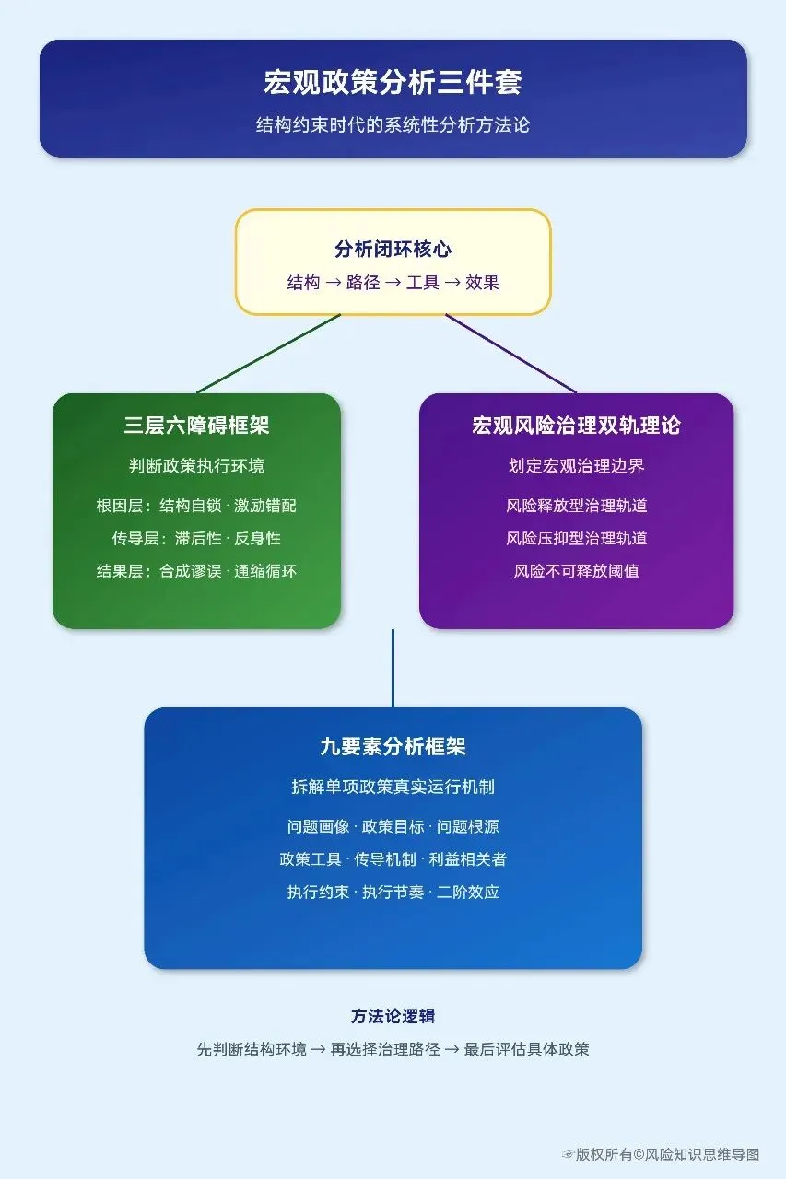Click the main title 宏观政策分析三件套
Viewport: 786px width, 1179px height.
[393, 82]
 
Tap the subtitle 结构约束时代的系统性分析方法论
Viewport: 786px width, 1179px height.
[393, 124]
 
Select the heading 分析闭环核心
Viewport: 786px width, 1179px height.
[393, 250]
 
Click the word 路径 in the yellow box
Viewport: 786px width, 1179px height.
[363, 283]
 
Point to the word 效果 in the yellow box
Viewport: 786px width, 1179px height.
[482, 283]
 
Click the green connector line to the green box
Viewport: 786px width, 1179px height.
[268, 354]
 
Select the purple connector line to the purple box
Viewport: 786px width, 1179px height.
[510, 354]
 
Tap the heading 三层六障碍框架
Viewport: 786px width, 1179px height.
[196, 426]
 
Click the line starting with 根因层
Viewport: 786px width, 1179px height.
[196, 506]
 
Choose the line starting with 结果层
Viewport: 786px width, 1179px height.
[196, 571]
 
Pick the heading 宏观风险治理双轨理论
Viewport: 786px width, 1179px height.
[576, 426]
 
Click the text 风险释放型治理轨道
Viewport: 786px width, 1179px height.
[576, 506]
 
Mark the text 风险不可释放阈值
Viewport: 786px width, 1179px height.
[576, 571]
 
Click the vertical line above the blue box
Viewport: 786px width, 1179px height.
[393, 668]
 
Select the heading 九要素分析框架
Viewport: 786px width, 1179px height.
[393, 747]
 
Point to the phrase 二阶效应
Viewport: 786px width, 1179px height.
[468, 892]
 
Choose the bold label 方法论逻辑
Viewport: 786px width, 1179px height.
[393, 1016]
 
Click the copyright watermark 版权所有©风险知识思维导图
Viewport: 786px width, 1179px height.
[668, 1154]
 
